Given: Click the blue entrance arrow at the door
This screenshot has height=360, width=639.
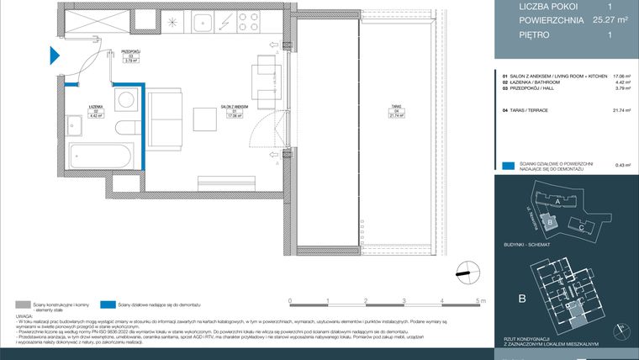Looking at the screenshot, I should point(54,56).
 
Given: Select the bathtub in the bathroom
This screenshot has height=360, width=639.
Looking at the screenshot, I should point(99,156).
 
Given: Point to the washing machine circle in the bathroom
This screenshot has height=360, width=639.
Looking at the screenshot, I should point(126,99).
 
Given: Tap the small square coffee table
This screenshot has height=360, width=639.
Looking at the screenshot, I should point(204,118).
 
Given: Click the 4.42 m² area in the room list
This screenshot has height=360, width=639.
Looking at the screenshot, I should point(621,82).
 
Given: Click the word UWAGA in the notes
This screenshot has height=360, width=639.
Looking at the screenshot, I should point(24,315).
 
